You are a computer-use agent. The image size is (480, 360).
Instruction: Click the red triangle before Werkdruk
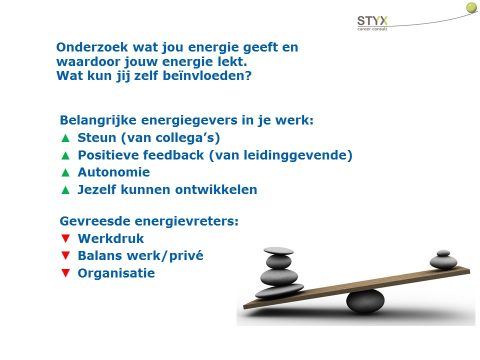click(65, 239)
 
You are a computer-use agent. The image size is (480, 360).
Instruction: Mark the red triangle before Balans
click(65, 256)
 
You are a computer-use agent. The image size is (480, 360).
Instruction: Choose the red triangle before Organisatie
click(65, 273)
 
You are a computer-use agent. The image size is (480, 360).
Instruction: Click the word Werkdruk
click(111, 239)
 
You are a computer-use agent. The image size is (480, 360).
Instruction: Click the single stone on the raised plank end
click(443, 262)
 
